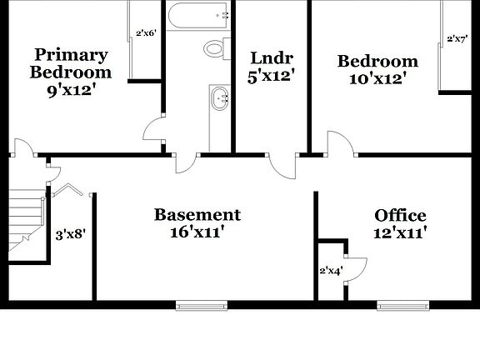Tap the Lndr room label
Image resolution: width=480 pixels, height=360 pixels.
pos(272,58)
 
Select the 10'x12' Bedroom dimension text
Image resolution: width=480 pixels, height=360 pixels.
pos(377,78)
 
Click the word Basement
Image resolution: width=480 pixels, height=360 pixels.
pos(197,215)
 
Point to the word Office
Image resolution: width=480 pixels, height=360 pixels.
pos(400,216)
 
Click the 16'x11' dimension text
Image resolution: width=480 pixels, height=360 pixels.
pos(197,232)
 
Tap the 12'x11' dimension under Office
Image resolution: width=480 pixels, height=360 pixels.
pos(401,233)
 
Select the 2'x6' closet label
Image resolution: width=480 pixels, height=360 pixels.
pos(145,34)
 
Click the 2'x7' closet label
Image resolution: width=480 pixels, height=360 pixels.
pos(457,38)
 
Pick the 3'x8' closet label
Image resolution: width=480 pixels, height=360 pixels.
pos(70,235)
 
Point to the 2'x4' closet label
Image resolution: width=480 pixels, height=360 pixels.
pos(331,270)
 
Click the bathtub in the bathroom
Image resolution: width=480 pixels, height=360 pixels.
pos(197,15)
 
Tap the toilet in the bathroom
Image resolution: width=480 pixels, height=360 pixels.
pos(215,48)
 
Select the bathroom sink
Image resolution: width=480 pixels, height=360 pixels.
pos(220,98)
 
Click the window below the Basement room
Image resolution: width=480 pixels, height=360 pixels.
pos(201,306)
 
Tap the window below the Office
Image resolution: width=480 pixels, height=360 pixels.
pos(404,306)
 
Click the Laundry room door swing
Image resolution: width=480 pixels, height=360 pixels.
pos(283,166)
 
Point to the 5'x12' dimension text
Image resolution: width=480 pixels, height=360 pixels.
pos(272,77)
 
